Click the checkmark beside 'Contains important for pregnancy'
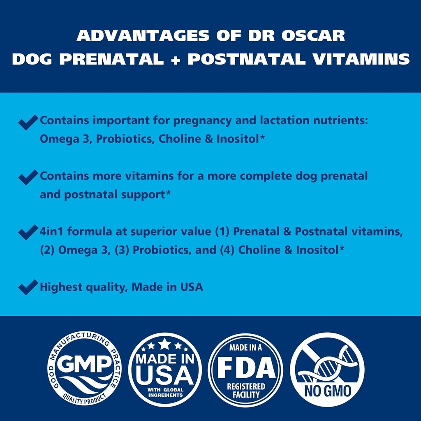(x=28, y=122)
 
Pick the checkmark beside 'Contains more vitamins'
(x=28, y=178)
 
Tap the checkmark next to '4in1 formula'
(x=28, y=233)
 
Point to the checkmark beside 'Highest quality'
(x=28, y=287)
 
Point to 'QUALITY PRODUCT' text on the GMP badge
(x=84, y=398)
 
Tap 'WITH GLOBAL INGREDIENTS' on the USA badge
(x=164, y=391)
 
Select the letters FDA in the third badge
(x=245, y=367)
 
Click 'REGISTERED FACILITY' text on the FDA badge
(x=245, y=390)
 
